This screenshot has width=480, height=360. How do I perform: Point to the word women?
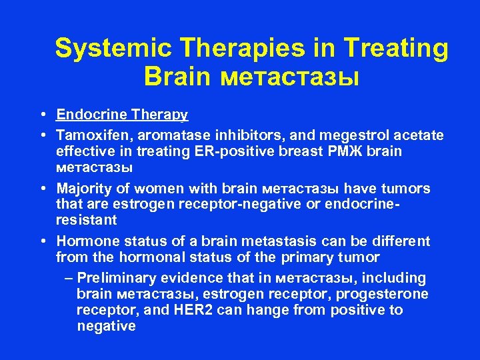tap(149, 189)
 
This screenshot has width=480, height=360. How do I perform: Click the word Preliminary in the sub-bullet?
tap(111, 278)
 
